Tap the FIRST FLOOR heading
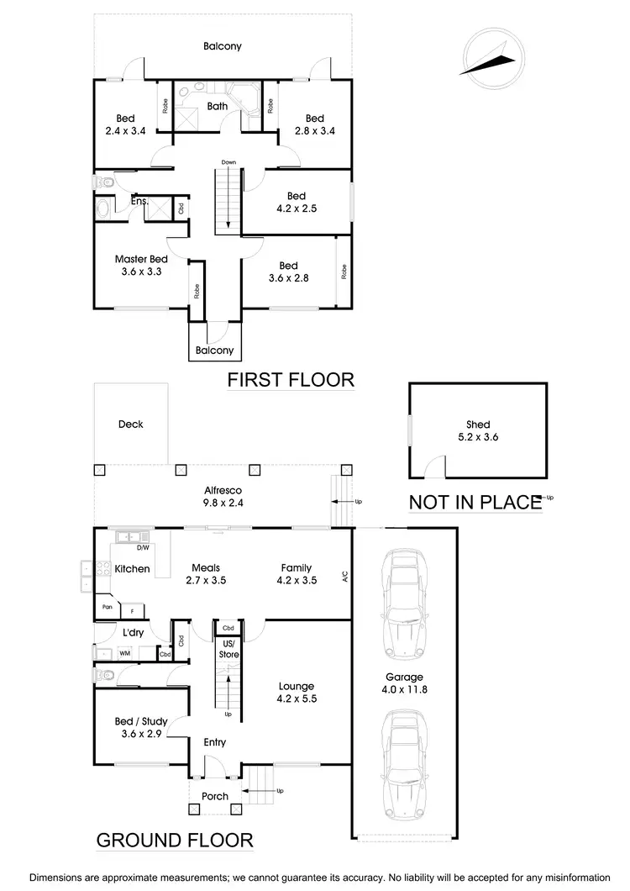[291, 380]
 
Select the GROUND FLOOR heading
[175, 839]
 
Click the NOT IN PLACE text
[475, 503]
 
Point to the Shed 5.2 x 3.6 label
[478, 430]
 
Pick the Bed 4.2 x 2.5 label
[296, 202]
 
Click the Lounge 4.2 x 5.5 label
[296, 692]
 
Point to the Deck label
[130, 424]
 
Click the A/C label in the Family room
[344, 577]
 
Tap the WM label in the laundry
[124, 653]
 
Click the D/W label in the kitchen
[143, 548]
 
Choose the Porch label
[215, 796]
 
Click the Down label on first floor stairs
[228, 161]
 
